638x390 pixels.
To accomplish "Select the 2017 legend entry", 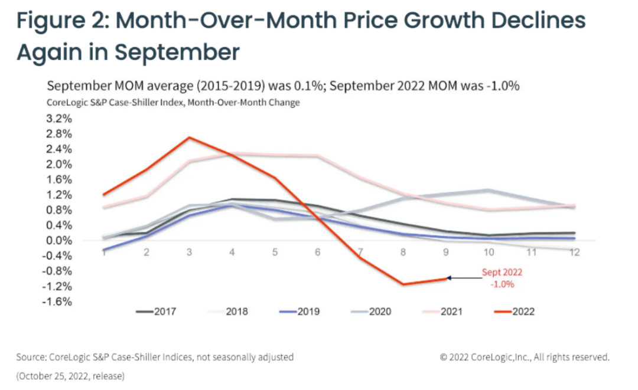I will coord(156,311).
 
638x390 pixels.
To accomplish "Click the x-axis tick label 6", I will coord(317,252).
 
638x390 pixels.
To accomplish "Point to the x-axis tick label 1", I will coord(103,252).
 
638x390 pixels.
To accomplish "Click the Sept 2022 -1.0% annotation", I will coord(502,278).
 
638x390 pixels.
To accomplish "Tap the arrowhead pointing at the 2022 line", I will coord(449,277).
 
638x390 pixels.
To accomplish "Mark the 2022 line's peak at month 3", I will coord(188,137).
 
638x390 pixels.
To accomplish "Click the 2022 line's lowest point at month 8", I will coord(403,284).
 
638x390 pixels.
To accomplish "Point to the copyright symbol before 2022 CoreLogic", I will coord(444,357).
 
